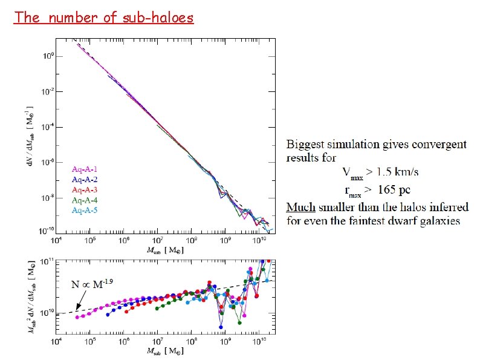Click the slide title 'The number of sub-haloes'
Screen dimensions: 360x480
[x=104, y=17]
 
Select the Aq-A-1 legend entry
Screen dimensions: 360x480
[x=85, y=169]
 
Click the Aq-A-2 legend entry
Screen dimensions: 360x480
[x=85, y=180]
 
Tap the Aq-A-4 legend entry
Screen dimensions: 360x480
[x=85, y=200]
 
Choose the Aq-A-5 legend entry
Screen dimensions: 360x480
[x=85, y=211]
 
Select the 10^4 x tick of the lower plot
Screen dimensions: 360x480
[x=56, y=341]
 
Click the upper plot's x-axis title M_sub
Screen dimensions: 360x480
[x=165, y=250]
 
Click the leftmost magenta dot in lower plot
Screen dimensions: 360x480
[x=77, y=317]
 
